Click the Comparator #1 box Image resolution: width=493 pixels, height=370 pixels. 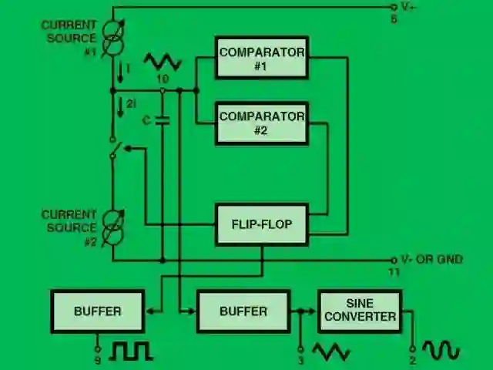coord(262,58)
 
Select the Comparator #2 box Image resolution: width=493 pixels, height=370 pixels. coord(262,123)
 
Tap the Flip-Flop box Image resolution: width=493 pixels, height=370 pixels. coord(262,224)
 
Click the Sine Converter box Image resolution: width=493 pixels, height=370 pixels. coord(360,311)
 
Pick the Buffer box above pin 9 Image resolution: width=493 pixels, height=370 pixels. coord(98,311)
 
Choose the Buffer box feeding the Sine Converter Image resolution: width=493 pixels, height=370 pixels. coord(243,311)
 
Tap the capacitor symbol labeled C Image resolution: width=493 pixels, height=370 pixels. coord(162,119)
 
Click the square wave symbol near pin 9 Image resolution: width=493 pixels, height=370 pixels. coord(131,351)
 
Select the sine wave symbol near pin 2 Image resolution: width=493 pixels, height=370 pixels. coord(441,351)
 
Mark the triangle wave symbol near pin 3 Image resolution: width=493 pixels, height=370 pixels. coord(330,352)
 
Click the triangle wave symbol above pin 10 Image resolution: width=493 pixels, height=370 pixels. coord(163,62)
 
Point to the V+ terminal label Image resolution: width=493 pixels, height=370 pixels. coord(409,7)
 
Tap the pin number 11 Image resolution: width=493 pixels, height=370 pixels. coord(394,272)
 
